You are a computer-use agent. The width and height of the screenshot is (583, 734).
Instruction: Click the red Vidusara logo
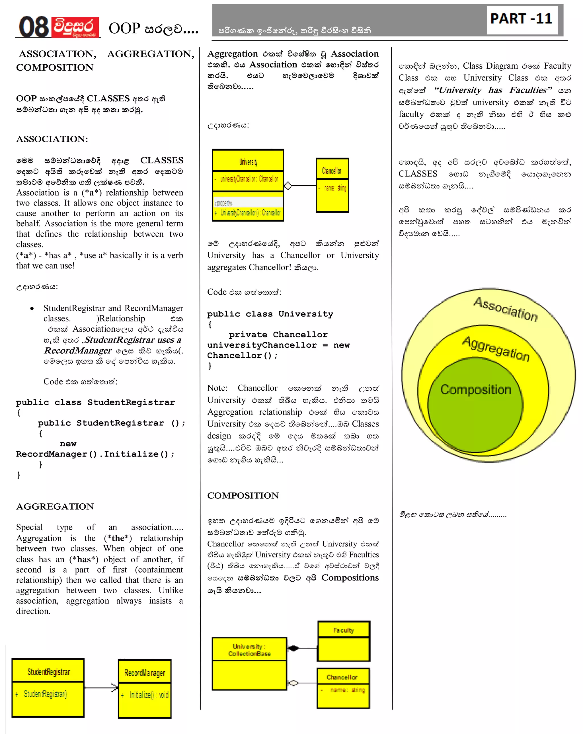(75, 27)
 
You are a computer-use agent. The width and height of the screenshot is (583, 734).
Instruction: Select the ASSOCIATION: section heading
(52, 139)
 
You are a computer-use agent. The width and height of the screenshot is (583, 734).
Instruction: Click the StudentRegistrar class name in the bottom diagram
(49, 672)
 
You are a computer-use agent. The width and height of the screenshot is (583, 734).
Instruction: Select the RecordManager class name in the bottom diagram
(144, 673)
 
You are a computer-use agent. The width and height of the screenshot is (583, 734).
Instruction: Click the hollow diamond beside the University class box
(288, 186)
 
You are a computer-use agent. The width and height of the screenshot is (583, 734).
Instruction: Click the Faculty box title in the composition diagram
(343, 630)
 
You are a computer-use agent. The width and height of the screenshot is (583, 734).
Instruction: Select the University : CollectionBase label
(249, 650)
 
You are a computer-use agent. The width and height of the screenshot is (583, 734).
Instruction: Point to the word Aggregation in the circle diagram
(496, 348)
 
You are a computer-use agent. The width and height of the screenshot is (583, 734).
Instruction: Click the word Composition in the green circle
(475, 389)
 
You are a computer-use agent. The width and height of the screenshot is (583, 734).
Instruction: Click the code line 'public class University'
(270, 314)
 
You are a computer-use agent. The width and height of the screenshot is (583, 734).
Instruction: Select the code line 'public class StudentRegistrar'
(95, 402)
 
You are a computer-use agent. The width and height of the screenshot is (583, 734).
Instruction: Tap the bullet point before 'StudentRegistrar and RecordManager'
(32, 308)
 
